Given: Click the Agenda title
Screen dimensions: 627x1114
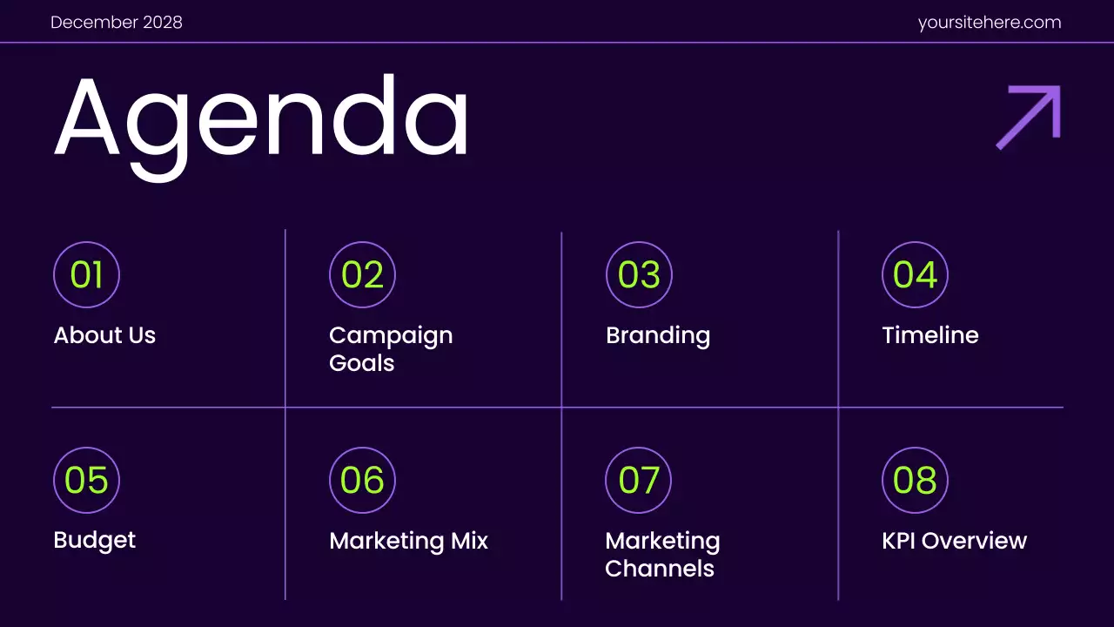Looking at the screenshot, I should pyautogui.click(x=261, y=122).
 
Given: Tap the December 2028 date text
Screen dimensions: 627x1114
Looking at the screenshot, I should pyautogui.click(x=117, y=23).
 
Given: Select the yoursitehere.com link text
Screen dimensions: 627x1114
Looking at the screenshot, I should pyautogui.click(x=990, y=23).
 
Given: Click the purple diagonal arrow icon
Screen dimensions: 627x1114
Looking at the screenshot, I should pyautogui.click(x=1029, y=117).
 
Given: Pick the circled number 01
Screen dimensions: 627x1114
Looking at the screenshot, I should pyautogui.click(x=86, y=275).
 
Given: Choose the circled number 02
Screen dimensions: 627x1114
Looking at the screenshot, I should pyautogui.click(x=362, y=275).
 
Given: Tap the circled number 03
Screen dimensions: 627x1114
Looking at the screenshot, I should pyautogui.click(x=639, y=275).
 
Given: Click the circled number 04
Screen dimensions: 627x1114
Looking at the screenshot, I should pyautogui.click(x=915, y=275).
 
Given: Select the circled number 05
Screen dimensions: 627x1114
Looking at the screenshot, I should pyautogui.click(x=86, y=480).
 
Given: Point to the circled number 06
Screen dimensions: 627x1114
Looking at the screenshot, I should pyautogui.click(x=362, y=480).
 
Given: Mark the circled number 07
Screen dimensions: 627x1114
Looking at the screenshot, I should pyautogui.click(x=639, y=480).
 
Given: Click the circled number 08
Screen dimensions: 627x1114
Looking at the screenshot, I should pyautogui.click(x=915, y=480).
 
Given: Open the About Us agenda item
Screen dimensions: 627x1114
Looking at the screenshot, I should pyautogui.click(x=104, y=335).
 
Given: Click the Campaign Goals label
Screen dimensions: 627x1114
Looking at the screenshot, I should pyautogui.click(x=391, y=348).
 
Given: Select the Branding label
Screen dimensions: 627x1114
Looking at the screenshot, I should pyautogui.click(x=658, y=335).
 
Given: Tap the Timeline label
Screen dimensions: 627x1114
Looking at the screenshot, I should pyautogui.click(x=930, y=335).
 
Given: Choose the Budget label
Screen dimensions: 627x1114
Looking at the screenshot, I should pyautogui.click(x=95, y=540).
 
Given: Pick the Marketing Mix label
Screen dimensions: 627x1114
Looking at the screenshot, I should pyautogui.click(x=408, y=541).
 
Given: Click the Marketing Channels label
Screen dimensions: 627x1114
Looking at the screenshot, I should pyautogui.click(x=662, y=554).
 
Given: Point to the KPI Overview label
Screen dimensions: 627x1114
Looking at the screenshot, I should pyautogui.click(x=954, y=541).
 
